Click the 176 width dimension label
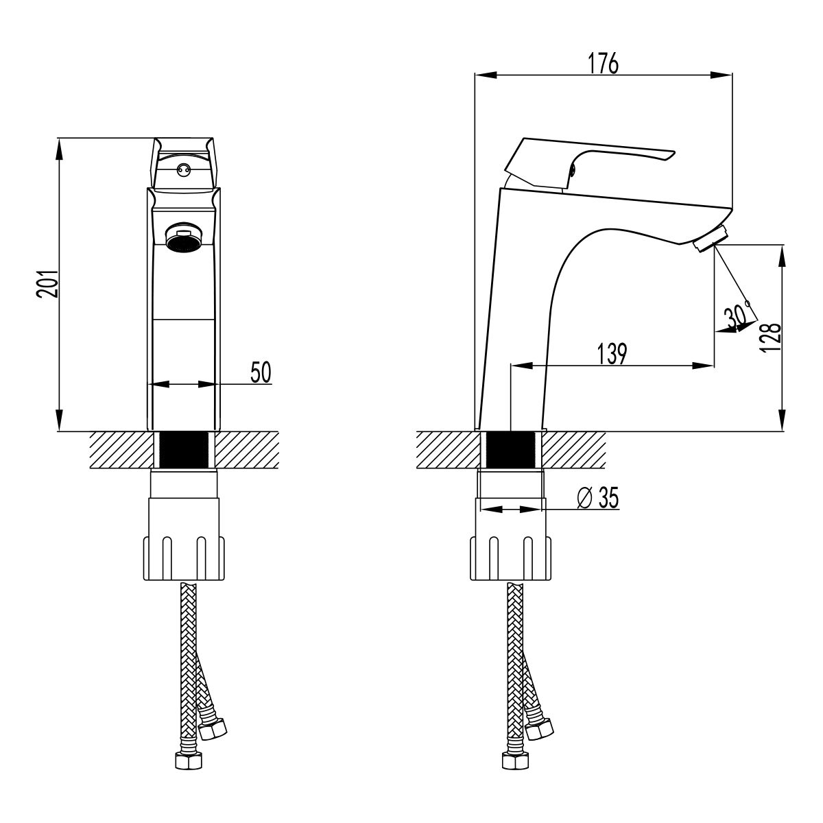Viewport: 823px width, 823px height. point(604,62)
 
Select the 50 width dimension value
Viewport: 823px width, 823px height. point(261,372)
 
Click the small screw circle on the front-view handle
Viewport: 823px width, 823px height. point(182,168)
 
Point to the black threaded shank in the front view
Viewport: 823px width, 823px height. point(183,450)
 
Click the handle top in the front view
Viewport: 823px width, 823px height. point(183,145)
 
